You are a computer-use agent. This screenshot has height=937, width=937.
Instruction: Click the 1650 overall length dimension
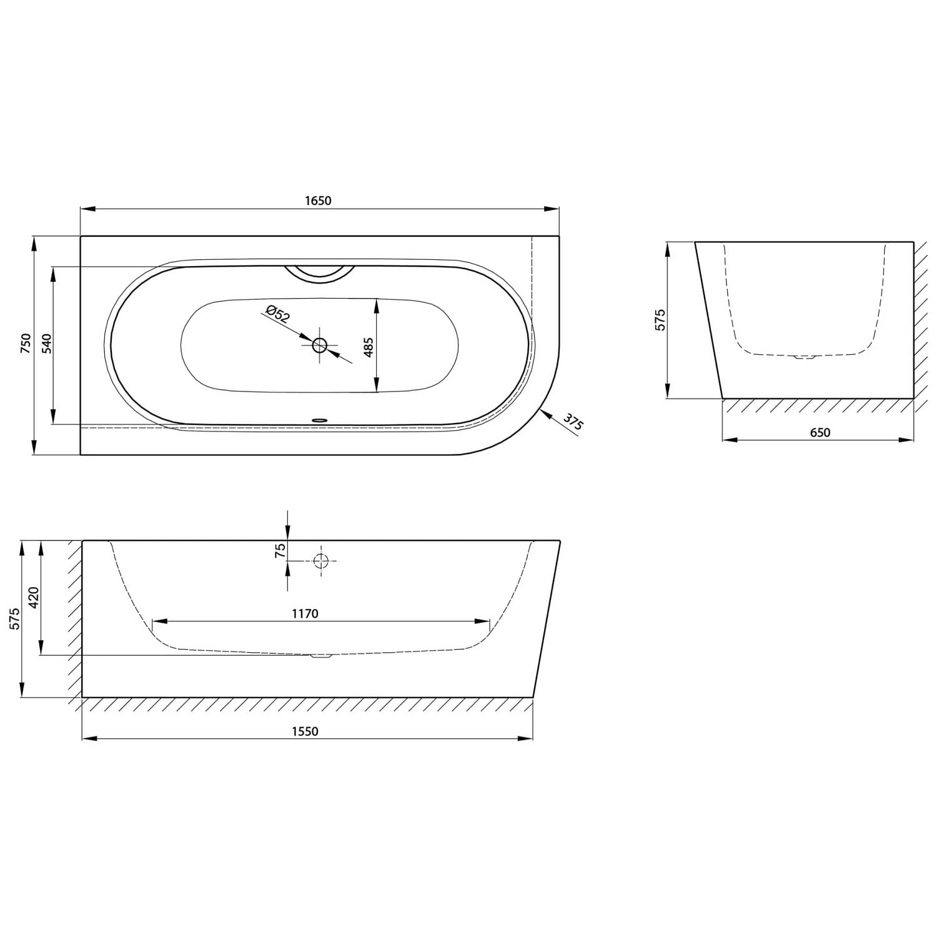318,201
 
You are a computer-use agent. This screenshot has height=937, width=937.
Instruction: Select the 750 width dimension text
26,344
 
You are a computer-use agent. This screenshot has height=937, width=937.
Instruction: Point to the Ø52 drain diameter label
277,313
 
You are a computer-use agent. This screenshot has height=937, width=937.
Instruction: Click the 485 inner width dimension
368,347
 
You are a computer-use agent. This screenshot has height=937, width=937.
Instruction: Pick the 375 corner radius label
573,422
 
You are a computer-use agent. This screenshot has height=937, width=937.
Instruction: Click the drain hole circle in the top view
320,345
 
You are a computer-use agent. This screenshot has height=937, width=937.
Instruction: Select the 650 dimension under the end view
820,432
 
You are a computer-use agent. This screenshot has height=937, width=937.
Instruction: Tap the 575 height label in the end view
660,320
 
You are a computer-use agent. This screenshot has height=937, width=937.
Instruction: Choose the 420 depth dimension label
34,597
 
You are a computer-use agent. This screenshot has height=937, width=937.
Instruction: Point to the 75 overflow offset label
280,550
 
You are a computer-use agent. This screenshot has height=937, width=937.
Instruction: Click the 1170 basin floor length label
305,613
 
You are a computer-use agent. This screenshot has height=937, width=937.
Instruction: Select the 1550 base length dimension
305,731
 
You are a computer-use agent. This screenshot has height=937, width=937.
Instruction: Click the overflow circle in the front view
321,561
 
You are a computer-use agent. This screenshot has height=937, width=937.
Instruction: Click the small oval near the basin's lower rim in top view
319,420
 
